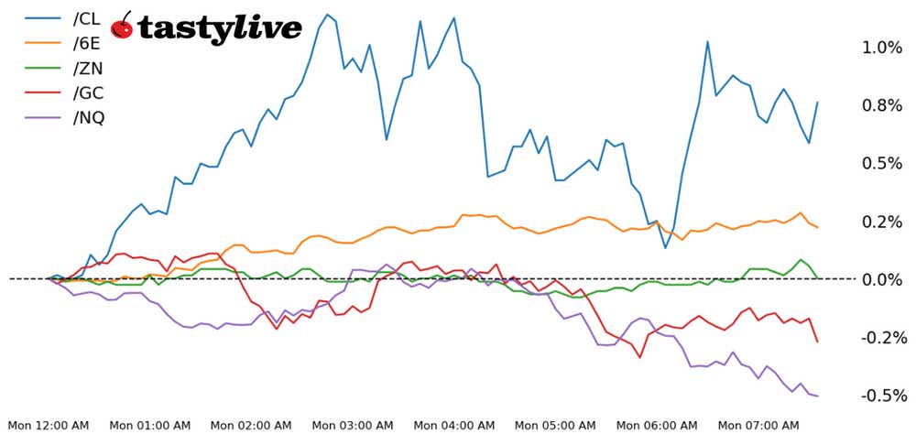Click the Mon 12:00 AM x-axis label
tap(49, 426)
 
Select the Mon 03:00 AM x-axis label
tap(353, 426)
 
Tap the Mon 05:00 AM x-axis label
tap(555, 426)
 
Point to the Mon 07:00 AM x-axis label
tap(758, 426)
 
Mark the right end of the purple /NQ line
tap(817, 396)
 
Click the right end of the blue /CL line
tap(817, 103)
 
